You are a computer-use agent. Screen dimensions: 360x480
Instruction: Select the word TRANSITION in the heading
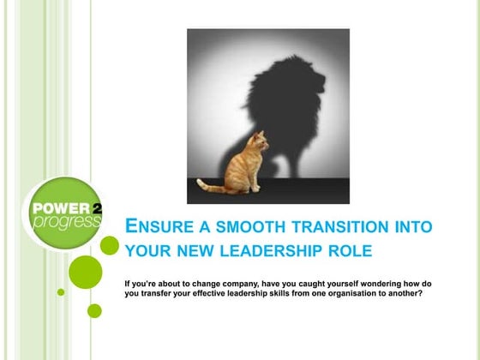click(x=333, y=227)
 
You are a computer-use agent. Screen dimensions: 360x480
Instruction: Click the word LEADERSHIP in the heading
click(x=285, y=251)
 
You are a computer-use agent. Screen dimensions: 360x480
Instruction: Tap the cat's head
click(x=255, y=140)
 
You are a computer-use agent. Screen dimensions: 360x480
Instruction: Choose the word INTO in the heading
click(x=409, y=227)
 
